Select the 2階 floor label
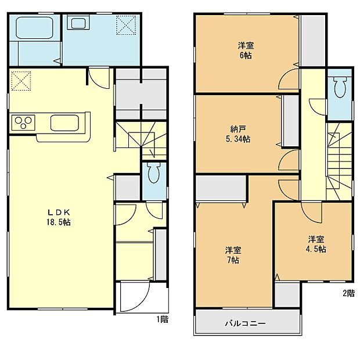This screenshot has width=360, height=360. pos(348,294)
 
